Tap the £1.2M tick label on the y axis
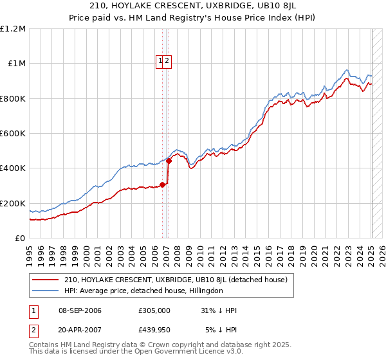(x=13, y=28)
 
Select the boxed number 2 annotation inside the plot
(x=167, y=61)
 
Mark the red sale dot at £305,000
(x=162, y=184)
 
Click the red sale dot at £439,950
(x=169, y=161)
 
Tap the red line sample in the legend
(x=45, y=280)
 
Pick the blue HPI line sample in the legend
(x=45, y=291)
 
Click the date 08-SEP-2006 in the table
(x=80, y=311)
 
